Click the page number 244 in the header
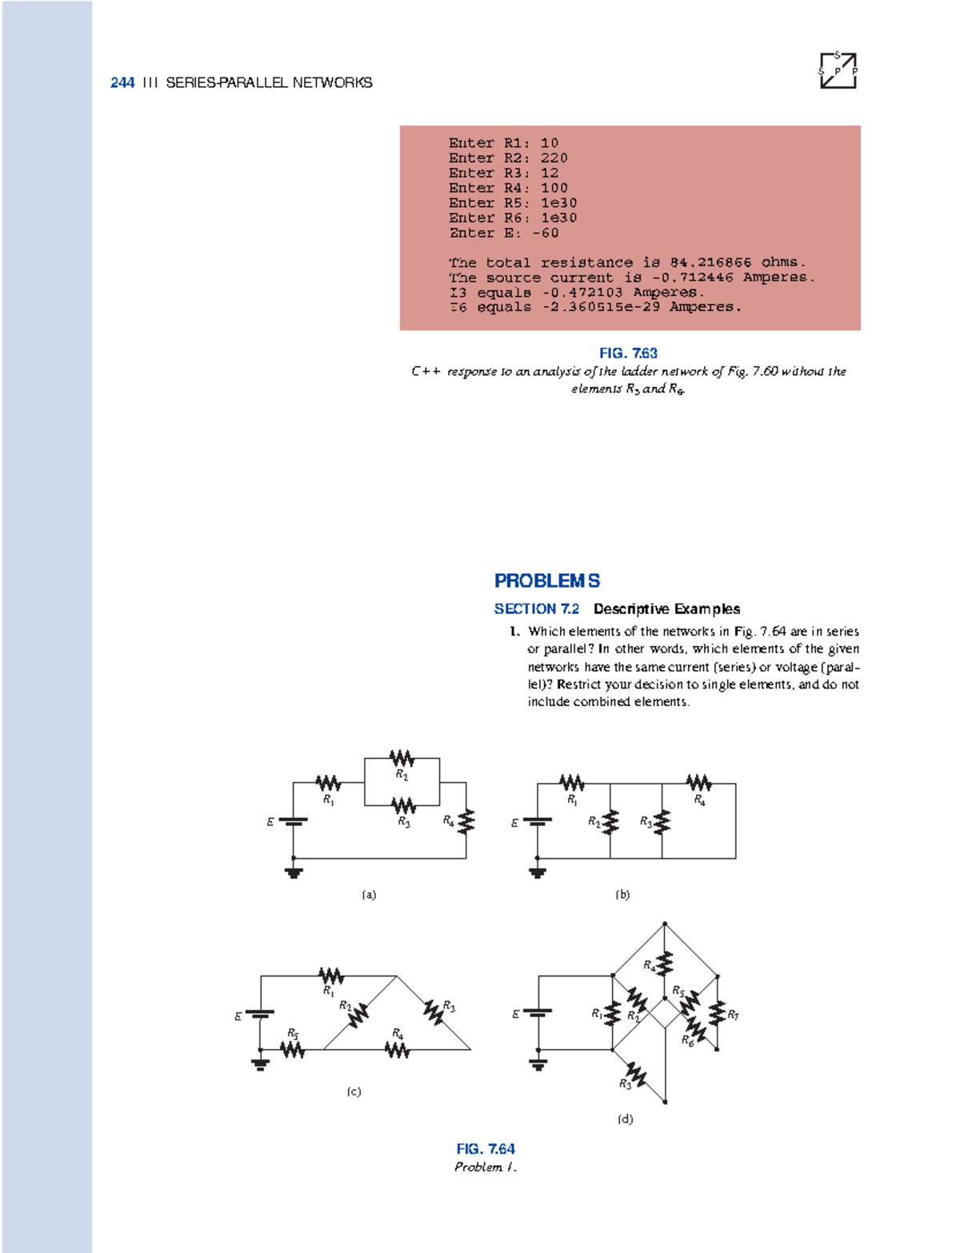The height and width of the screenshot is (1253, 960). pos(122,82)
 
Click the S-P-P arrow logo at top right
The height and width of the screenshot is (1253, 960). pos(838,70)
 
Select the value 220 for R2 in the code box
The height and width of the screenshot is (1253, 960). pos(554,158)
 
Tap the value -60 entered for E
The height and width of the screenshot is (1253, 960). pos(545,233)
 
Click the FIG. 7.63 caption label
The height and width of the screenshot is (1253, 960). pos(628,353)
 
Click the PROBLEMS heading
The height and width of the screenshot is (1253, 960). pos(547,581)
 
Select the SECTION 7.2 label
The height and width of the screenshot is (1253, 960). pos(536,609)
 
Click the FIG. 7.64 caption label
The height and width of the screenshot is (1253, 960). pos(486,1148)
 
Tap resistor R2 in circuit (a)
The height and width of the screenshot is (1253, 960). pos(402,757)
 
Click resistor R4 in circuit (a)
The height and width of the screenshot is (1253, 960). pos(466,821)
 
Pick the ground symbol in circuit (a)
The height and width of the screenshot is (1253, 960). pos(294,872)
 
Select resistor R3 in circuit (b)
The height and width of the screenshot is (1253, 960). pos(662,821)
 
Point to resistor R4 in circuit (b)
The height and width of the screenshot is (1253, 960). pos(698,782)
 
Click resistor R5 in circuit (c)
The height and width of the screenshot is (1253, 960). pos(292,1048)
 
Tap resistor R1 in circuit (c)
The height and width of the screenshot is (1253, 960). pos(330,976)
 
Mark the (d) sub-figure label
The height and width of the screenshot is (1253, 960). pos(625,1119)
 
